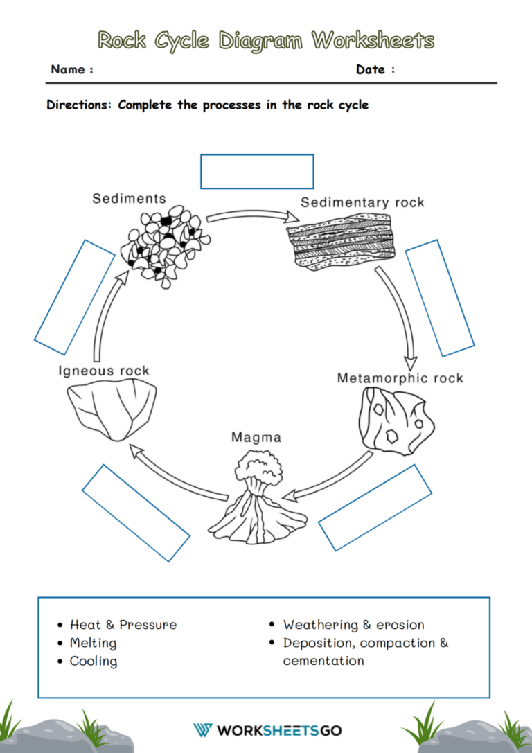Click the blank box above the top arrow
point(257,171)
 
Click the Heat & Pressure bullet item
point(123,625)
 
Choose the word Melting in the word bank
point(93,643)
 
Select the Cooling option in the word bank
point(94,662)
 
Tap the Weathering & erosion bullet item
point(353,625)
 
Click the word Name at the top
point(69,69)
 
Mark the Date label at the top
point(371,69)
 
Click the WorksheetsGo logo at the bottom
point(267,730)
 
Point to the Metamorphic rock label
point(400,378)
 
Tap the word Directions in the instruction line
point(79,105)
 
